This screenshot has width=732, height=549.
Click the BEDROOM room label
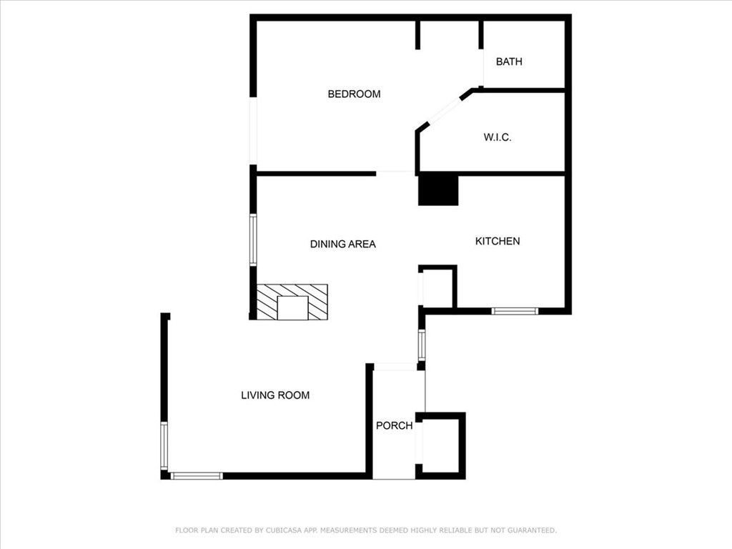(354, 94)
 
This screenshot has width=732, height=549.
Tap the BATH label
(509, 61)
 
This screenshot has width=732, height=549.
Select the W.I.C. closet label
(498, 137)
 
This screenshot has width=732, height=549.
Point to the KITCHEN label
(498, 241)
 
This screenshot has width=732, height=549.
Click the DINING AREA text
(342, 244)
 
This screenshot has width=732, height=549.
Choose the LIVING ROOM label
(275, 395)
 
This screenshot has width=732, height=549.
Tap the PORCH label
(395, 425)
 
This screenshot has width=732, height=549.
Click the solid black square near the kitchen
(438, 190)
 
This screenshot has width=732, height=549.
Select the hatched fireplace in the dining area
(292, 302)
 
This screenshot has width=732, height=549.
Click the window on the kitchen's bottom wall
(515, 311)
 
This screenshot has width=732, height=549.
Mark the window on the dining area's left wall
(253, 240)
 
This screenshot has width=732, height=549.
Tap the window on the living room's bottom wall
(196, 475)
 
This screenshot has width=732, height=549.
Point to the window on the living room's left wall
(164, 445)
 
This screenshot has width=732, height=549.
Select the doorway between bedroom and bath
(481, 68)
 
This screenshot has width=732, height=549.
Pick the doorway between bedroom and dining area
(395, 174)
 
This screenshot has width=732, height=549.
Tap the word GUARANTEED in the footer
(532, 530)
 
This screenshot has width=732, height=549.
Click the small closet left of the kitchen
(437, 287)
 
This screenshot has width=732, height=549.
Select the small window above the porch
(422, 345)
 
